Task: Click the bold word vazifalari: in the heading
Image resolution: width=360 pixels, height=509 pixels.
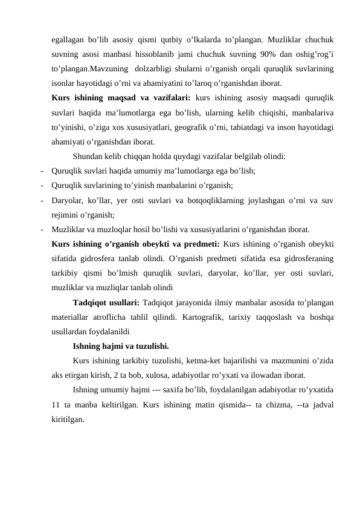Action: pyautogui.click(x=168, y=97)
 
